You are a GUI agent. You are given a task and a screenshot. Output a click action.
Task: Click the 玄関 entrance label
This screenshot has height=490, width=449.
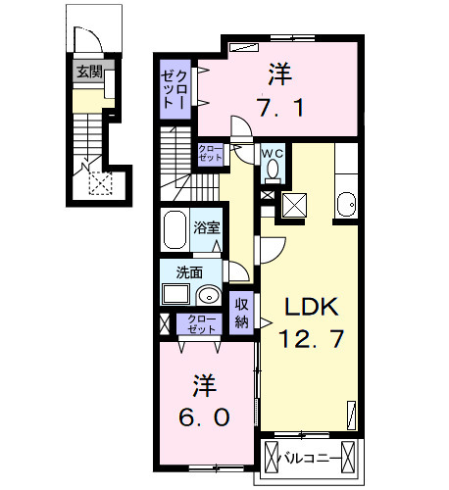(x=89, y=72)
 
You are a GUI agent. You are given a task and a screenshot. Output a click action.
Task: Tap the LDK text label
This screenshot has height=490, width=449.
(x=312, y=307)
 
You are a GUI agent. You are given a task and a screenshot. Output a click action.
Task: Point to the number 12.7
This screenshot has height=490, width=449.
(x=312, y=338)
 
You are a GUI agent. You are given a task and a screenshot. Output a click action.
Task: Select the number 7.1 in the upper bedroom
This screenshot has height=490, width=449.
(x=280, y=107)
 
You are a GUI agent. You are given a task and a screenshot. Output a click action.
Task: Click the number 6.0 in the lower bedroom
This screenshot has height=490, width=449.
(x=204, y=416)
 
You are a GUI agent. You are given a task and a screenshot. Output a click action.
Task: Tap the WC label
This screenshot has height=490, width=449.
(x=273, y=154)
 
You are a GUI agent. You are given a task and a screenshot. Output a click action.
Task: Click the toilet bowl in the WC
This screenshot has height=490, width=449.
(x=273, y=170)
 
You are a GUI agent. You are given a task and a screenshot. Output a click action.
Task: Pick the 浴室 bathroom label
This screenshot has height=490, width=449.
(x=207, y=227)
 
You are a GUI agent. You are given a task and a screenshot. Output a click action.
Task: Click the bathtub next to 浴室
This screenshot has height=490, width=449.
(x=175, y=229)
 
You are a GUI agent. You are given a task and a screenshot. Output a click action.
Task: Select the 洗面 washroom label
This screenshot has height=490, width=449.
(x=189, y=272)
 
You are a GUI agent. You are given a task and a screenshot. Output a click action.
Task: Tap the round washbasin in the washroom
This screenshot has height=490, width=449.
(x=209, y=296)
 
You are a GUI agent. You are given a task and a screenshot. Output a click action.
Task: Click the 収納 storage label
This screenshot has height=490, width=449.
(x=242, y=313)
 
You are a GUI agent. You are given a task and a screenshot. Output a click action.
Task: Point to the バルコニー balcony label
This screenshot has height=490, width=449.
(x=309, y=459)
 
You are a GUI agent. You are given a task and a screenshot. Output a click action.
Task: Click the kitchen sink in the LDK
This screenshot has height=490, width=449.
(x=346, y=205)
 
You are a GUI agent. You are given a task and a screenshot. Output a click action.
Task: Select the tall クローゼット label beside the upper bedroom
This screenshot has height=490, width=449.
(x=175, y=89)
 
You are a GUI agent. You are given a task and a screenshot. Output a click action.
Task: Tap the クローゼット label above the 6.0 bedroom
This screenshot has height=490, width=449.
(x=200, y=324)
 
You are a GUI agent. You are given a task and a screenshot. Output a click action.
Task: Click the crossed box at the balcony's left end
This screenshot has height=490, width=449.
(x=271, y=458)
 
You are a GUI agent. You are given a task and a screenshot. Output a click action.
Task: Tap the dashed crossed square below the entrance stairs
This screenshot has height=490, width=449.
(x=101, y=183)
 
